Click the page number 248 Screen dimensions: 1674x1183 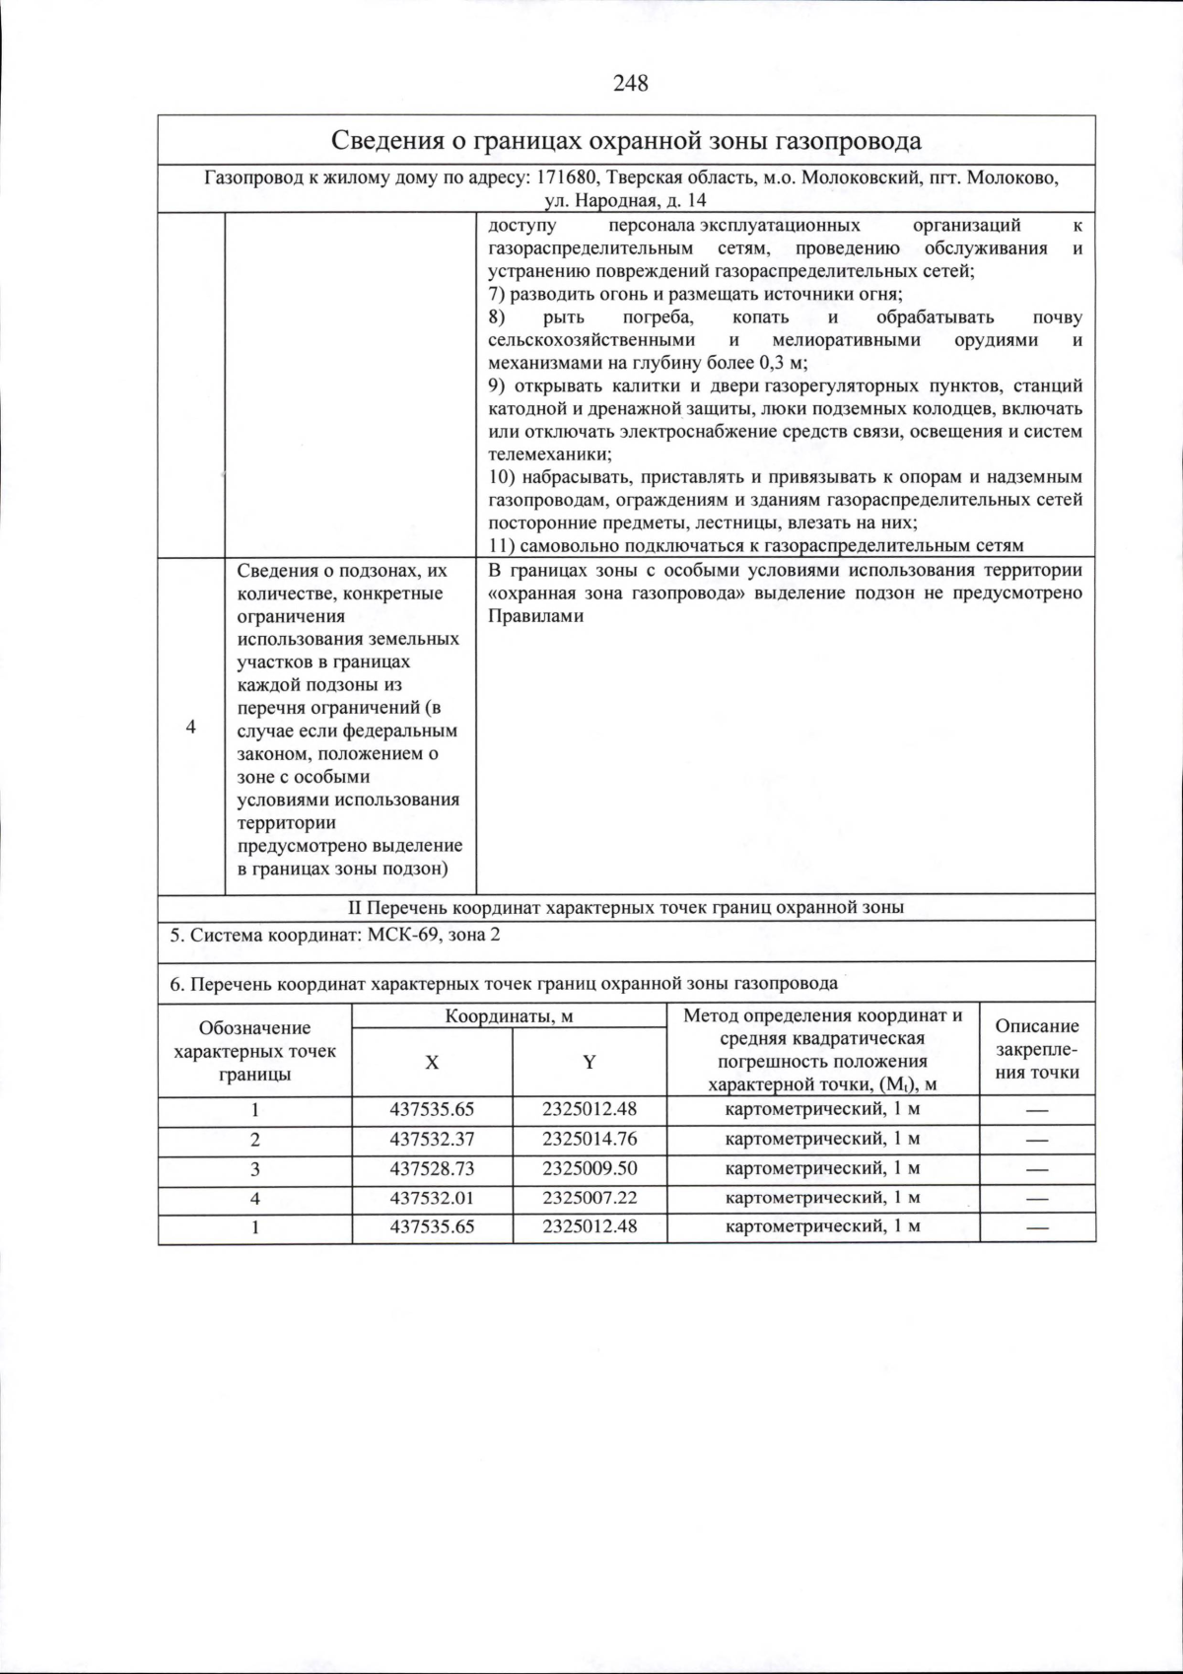click(x=631, y=84)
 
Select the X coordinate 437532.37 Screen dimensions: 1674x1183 click(x=432, y=1139)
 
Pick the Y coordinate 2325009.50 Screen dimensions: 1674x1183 click(x=590, y=1168)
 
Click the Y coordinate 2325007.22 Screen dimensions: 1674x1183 click(x=590, y=1198)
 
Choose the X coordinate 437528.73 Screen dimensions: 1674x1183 click(x=432, y=1168)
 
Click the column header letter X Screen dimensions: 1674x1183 click(x=432, y=1062)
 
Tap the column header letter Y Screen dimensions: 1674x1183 click(x=590, y=1062)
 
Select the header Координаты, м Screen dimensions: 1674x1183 click(x=509, y=1015)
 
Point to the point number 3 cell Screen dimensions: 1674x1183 click(x=255, y=1168)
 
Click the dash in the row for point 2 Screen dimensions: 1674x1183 click(x=1037, y=1140)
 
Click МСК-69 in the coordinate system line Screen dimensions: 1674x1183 click(x=402, y=934)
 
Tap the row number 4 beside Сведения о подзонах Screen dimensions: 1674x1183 click(x=191, y=727)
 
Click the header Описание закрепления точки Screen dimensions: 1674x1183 click(x=1037, y=1049)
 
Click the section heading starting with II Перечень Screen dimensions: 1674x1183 click(x=627, y=907)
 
